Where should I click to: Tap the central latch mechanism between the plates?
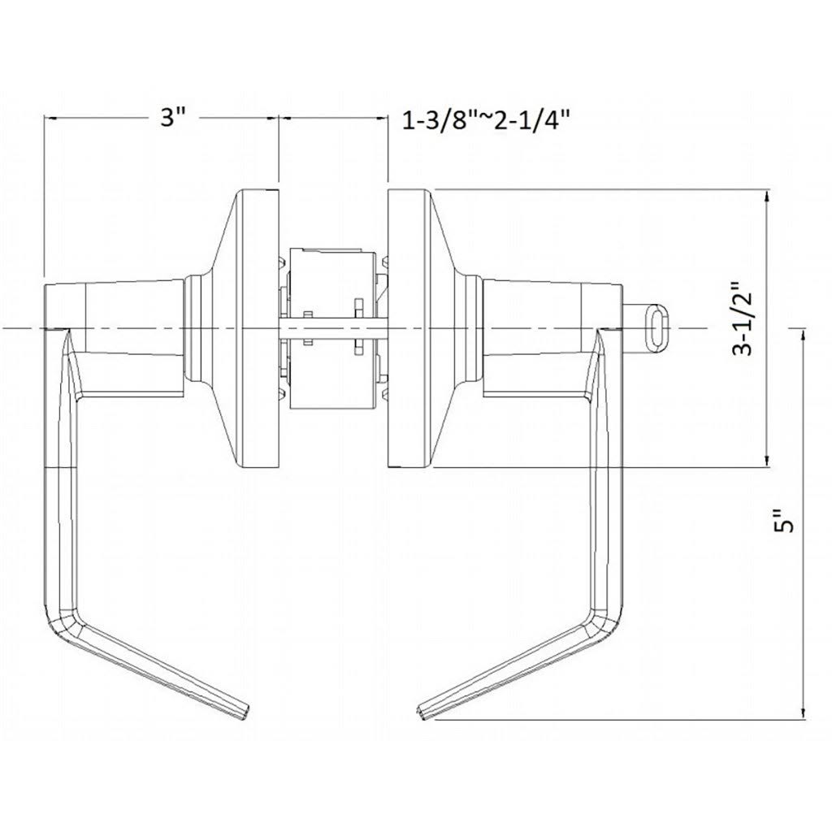coord(333,329)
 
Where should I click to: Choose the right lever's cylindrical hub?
coord(532,329)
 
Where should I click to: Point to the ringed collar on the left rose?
coord(194,329)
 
